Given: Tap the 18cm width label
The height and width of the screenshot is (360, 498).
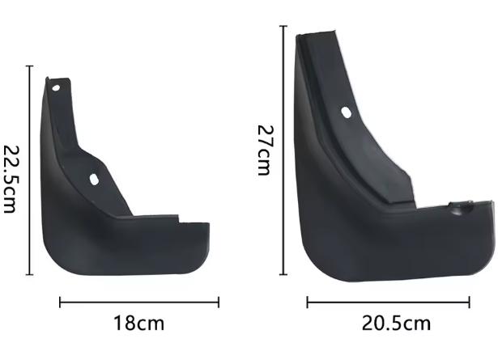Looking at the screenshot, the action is (x=138, y=324).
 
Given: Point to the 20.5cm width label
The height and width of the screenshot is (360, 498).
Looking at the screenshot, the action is (x=396, y=324).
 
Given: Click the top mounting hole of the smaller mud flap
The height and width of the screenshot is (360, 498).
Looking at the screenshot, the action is (x=56, y=88).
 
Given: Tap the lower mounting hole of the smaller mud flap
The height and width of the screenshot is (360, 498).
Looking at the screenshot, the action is (x=94, y=180).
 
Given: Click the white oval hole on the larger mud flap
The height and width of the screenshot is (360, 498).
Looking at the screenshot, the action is (x=347, y=112).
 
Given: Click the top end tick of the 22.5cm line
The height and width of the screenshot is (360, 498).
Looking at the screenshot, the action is (x=29, y=66).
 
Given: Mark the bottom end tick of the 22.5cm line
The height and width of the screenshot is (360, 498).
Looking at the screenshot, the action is (x=29, y=275).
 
